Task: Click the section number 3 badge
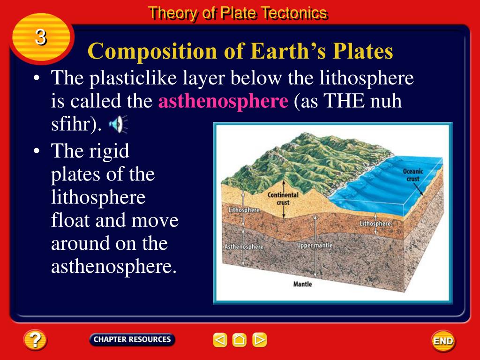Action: pos(41,37)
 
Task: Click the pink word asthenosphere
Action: pos(223,101)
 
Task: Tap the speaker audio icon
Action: pos(118,124)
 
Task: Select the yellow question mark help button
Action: pos(35,340)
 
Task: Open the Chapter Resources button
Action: pos(132,339)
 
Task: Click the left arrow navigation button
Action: pos(220,340)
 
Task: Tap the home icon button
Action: pos(240,340)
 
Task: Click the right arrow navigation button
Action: pos(259,340)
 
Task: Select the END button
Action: pos(443,341)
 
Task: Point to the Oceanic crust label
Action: pos(413,175)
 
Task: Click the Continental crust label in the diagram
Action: pos(283,199)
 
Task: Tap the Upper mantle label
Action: pos(315,246)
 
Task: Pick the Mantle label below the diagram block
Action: pos(302,284)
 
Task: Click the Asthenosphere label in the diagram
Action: pos(244,247)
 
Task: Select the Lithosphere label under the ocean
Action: pos(375,224)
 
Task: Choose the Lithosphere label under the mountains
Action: pos(244,210)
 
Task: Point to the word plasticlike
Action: pos(133,78)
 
